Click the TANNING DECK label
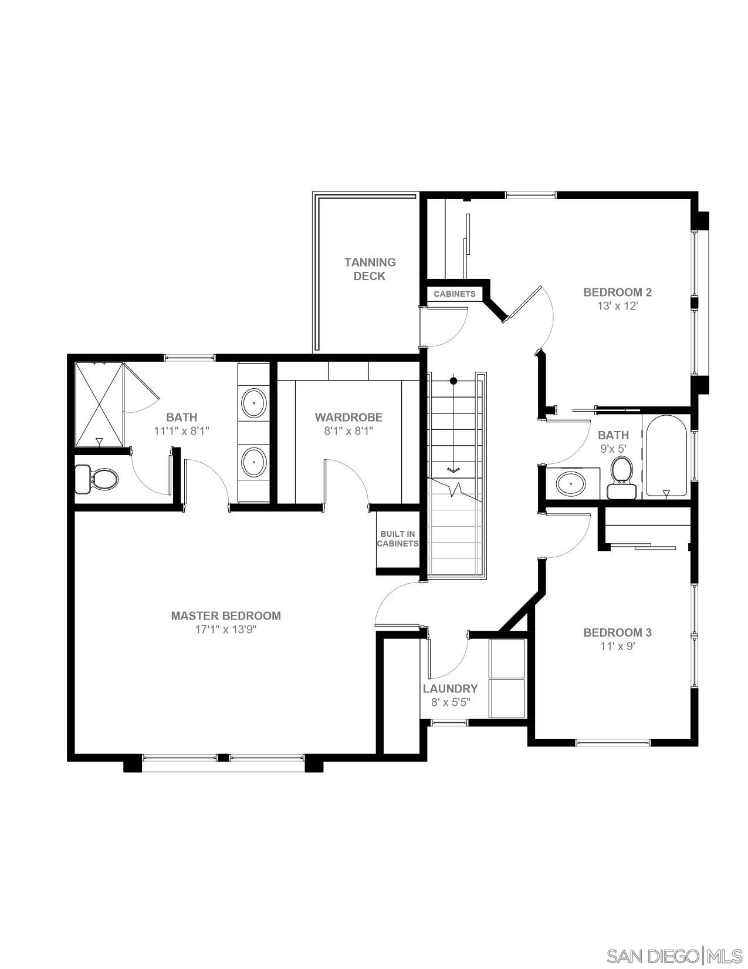tap(370, 269)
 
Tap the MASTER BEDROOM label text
tap(226, 615)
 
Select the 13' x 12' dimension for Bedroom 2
tap(617, 306)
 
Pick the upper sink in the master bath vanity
tap(254, 403)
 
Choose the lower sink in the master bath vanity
tap(254, 462)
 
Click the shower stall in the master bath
tap(99, 405)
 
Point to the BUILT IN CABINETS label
tap(398, 539)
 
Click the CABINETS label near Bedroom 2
tap(454, 294)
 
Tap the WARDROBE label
tap(348, 417)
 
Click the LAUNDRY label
tap(450, 688)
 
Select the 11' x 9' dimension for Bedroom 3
tap(617, 646)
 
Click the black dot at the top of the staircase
tap(453, 381)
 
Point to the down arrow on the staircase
tap(453, 469)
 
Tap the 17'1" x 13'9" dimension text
tap(226, 630)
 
